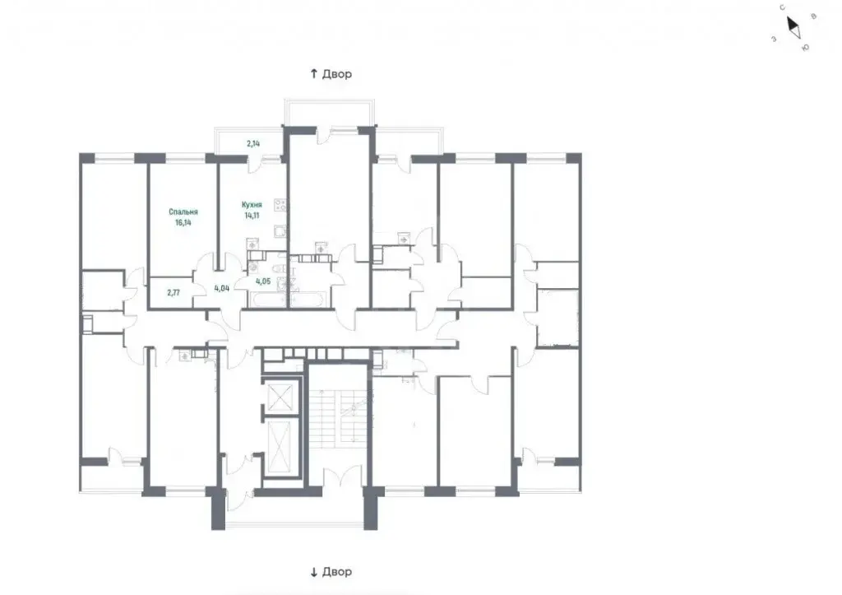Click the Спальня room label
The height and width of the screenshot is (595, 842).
click(x=183, y=212)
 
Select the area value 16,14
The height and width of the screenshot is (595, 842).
click(x=183, y=222)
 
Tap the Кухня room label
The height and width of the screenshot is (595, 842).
click(x=252, y=205)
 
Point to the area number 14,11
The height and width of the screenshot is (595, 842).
click(x=252, y=215)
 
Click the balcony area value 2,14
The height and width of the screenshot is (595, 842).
click(x=253, y=143)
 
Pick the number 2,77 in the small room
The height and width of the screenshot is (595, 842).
click(x=173, y=293)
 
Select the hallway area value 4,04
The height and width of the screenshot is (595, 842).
click(x=222, y=288)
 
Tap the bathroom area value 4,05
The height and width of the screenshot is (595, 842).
click(x=263, y=281)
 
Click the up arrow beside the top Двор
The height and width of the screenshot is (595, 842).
click(x=314, y=73)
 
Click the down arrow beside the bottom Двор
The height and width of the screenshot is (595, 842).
click(x=314, y=572)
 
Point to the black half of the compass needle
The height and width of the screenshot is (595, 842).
click(x=792, y=24)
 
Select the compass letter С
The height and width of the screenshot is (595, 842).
click(x=783, y=7)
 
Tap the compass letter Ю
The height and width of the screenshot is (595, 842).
click(x=806, y=48)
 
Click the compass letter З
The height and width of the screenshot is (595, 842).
click(x=774, y=39)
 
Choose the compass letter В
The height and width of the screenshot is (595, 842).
click(x=813, y=16)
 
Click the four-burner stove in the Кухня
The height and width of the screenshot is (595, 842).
click(x=280, y=205)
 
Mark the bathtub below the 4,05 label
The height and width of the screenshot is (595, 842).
click(x=269, y=300)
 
